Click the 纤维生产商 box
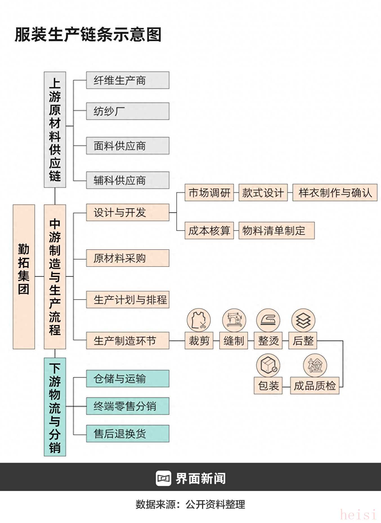127,80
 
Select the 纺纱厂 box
127,111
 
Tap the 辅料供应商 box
127,180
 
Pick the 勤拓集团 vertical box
24,277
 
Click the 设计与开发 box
127,213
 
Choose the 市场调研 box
209,193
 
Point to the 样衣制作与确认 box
335,193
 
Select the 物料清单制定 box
276,231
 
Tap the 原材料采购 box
127,258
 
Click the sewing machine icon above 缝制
234,320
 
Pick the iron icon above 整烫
268,320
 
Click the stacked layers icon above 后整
303,320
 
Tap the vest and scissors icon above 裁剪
199,320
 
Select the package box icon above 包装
268,365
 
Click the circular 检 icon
315,365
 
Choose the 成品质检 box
315,386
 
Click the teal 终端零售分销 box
127,406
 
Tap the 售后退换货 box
127,434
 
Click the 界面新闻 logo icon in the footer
163,478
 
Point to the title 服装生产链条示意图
88,35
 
